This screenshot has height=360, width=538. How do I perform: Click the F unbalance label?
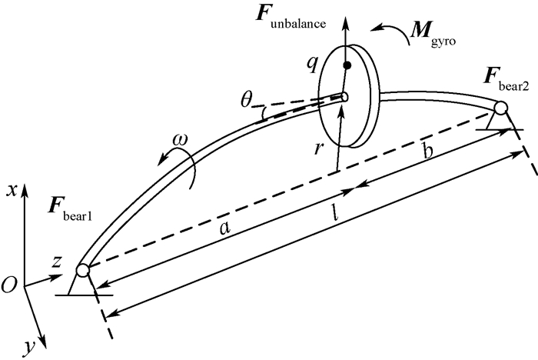[x=296, y=20]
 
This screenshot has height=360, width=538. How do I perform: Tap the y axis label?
[x=28, y=348]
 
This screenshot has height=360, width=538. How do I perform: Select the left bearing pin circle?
[x=84, y=270]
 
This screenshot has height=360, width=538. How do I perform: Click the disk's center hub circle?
[x=344, y=98]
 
